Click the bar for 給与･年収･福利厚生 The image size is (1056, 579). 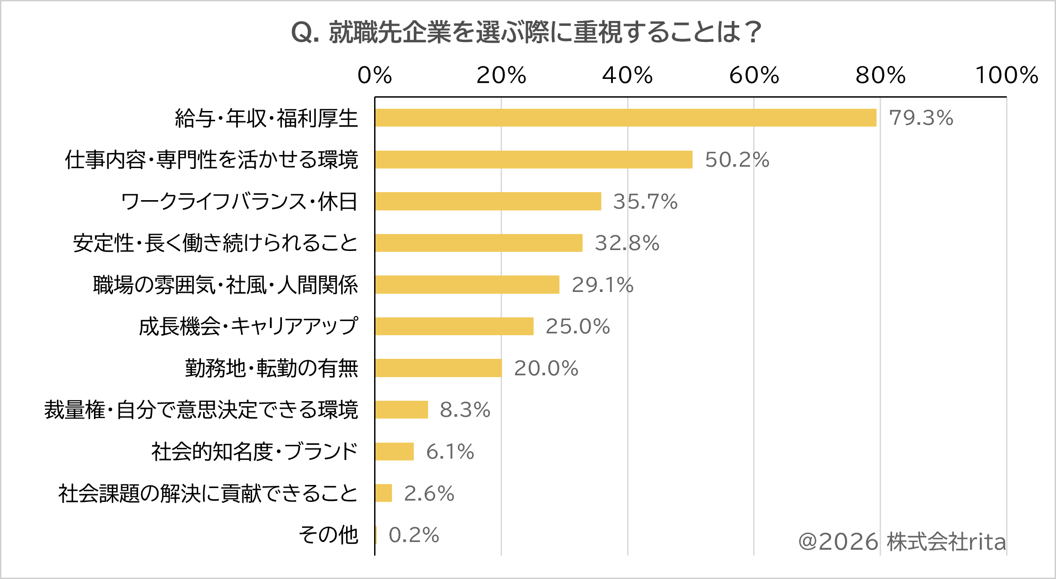[626, 118]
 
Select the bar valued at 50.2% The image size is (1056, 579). [534, 160]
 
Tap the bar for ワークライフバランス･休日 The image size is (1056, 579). [488, 201]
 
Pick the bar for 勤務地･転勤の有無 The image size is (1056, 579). [439, 368]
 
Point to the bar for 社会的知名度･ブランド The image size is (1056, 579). [395, 451]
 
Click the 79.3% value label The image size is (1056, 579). [921, 118]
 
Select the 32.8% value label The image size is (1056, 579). [627, 243]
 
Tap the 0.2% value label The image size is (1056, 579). [414, 535]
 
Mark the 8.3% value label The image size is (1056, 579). [465, 410]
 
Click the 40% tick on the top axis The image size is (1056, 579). [628, 75]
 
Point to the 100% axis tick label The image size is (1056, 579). [1007, 75]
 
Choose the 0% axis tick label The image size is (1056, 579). [375, 75]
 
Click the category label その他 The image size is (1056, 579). [328, 535]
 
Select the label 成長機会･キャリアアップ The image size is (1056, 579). [248, 326]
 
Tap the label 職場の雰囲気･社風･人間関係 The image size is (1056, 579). [225, 285]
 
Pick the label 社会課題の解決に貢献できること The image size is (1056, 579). [208, 493]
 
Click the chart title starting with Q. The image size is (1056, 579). [527, 33]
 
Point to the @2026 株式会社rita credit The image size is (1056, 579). [902, 542]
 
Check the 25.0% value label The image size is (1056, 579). [578, 327]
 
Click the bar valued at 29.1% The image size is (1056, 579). [467, 284]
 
